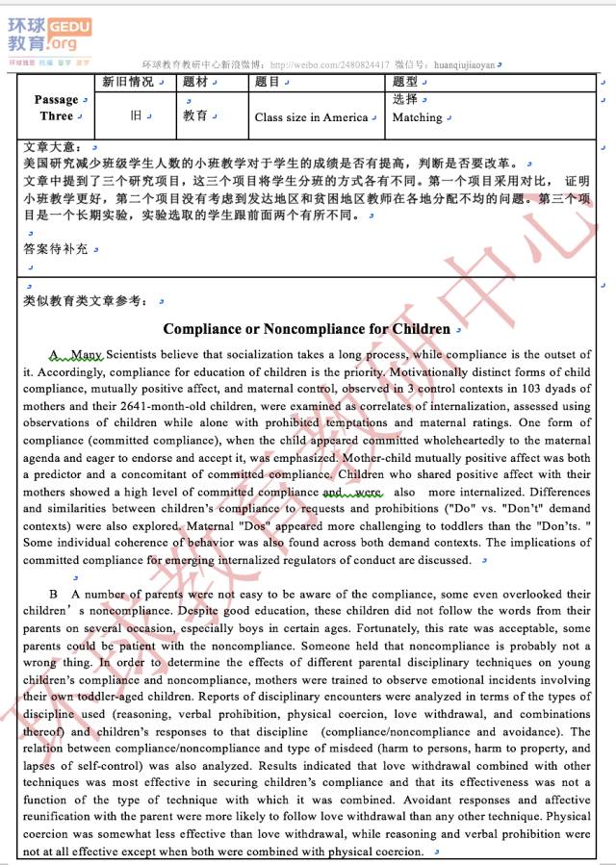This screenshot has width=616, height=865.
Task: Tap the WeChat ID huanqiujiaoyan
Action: (465, 64)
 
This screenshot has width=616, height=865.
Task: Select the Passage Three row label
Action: (56, 108)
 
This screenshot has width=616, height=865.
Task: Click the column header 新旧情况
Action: (127, 82)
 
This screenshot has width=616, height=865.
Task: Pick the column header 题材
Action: (195, 82)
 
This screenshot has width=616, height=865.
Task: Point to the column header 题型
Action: (404, 82)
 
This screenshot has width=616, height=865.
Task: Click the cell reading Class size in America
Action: (311, 117)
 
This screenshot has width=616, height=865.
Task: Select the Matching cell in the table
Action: (417, 117)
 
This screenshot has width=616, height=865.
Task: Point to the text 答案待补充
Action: (56, 248)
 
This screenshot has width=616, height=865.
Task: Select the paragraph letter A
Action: (55, 355)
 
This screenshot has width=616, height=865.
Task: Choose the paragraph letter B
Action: (54, 595)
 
